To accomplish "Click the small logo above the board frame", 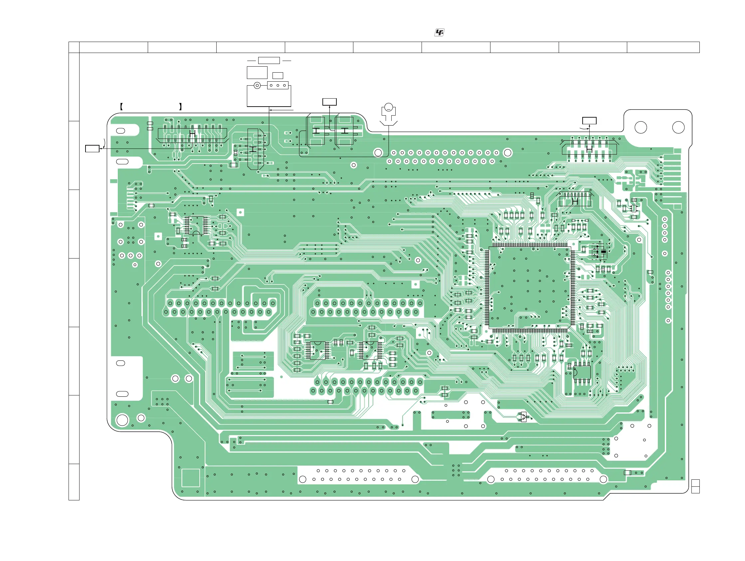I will pos(439,32).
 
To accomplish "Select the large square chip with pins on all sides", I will pos(529,287).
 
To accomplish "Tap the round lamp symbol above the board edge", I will pos(388,108).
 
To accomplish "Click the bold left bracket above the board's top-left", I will pos(121,107).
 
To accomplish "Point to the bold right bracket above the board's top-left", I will pos(181,107).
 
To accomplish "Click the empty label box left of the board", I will pos(92,149).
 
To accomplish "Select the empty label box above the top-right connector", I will pos(589,121).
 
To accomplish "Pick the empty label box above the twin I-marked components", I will pos(329,102).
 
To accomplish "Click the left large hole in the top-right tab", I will pos(640,128).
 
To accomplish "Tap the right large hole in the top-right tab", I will pos(678,128).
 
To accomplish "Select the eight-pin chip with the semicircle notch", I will pos(582,372).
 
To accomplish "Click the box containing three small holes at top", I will pos(278,85).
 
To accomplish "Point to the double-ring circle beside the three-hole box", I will pos(257,85).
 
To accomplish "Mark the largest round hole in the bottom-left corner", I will pos(122,420).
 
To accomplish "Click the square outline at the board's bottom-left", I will pos(191,478).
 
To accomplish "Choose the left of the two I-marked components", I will pos(316,131).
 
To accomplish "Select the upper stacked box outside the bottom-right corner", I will pos(695,483).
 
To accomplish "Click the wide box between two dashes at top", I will pos(269,60).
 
